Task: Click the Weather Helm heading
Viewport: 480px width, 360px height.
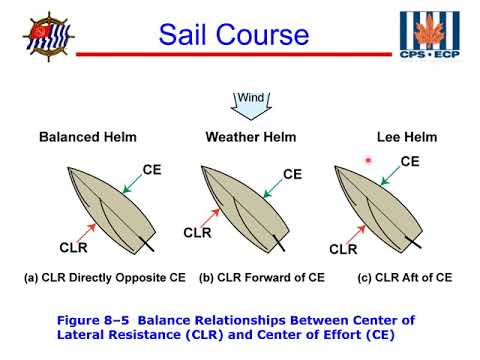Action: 247,136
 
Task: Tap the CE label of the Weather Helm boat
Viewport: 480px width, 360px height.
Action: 292,174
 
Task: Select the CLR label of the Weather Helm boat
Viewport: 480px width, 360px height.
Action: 197,233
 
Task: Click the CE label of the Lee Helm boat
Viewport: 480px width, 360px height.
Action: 410,160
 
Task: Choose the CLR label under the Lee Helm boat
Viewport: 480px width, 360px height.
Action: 343,249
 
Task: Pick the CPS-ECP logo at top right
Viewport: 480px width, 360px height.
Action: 430,39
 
